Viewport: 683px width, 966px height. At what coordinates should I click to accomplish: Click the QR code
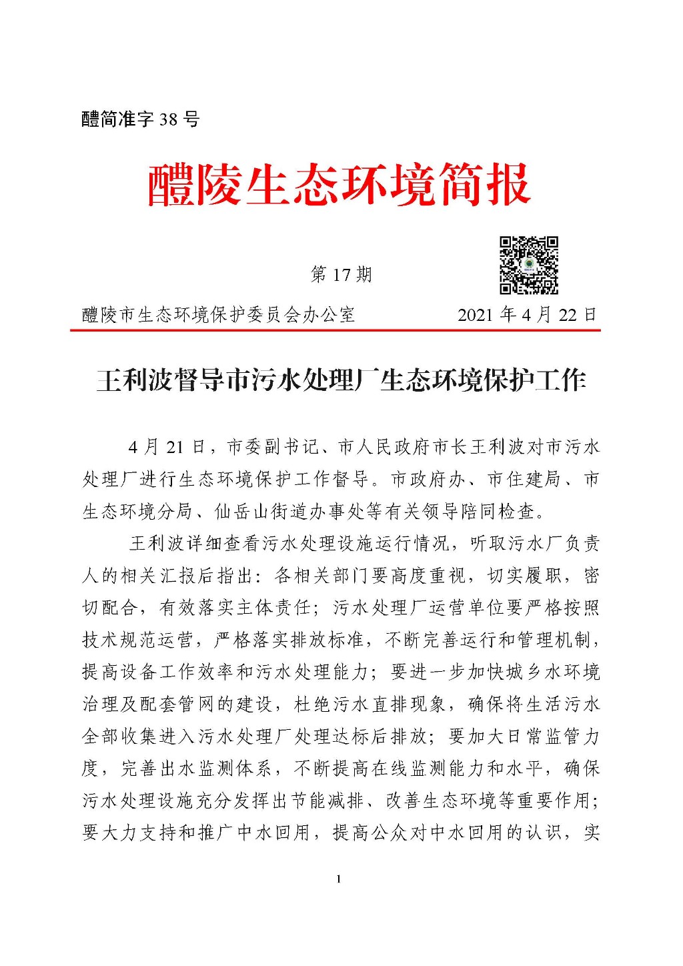pos(529,265)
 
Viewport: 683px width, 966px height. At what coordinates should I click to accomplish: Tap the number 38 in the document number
pos(169,119)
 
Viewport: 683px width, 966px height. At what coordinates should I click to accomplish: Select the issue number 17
pos(341,275)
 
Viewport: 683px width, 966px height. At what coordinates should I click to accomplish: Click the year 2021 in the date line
pos(475,315)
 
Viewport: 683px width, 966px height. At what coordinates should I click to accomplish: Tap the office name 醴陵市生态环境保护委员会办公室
pos(218,315)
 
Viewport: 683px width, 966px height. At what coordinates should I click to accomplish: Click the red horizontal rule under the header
pos(335,330)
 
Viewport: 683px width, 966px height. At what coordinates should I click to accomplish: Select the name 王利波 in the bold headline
pos(134,380)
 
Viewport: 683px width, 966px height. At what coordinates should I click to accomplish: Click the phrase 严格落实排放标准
pos(289,639)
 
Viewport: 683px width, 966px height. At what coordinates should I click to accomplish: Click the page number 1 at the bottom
pos(339,879)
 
